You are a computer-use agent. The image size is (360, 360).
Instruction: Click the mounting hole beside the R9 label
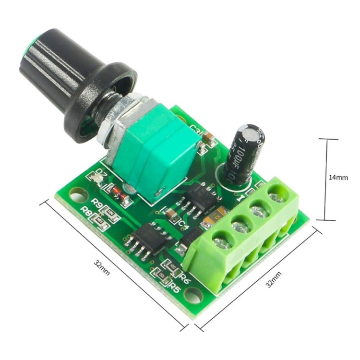click(76, 195)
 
